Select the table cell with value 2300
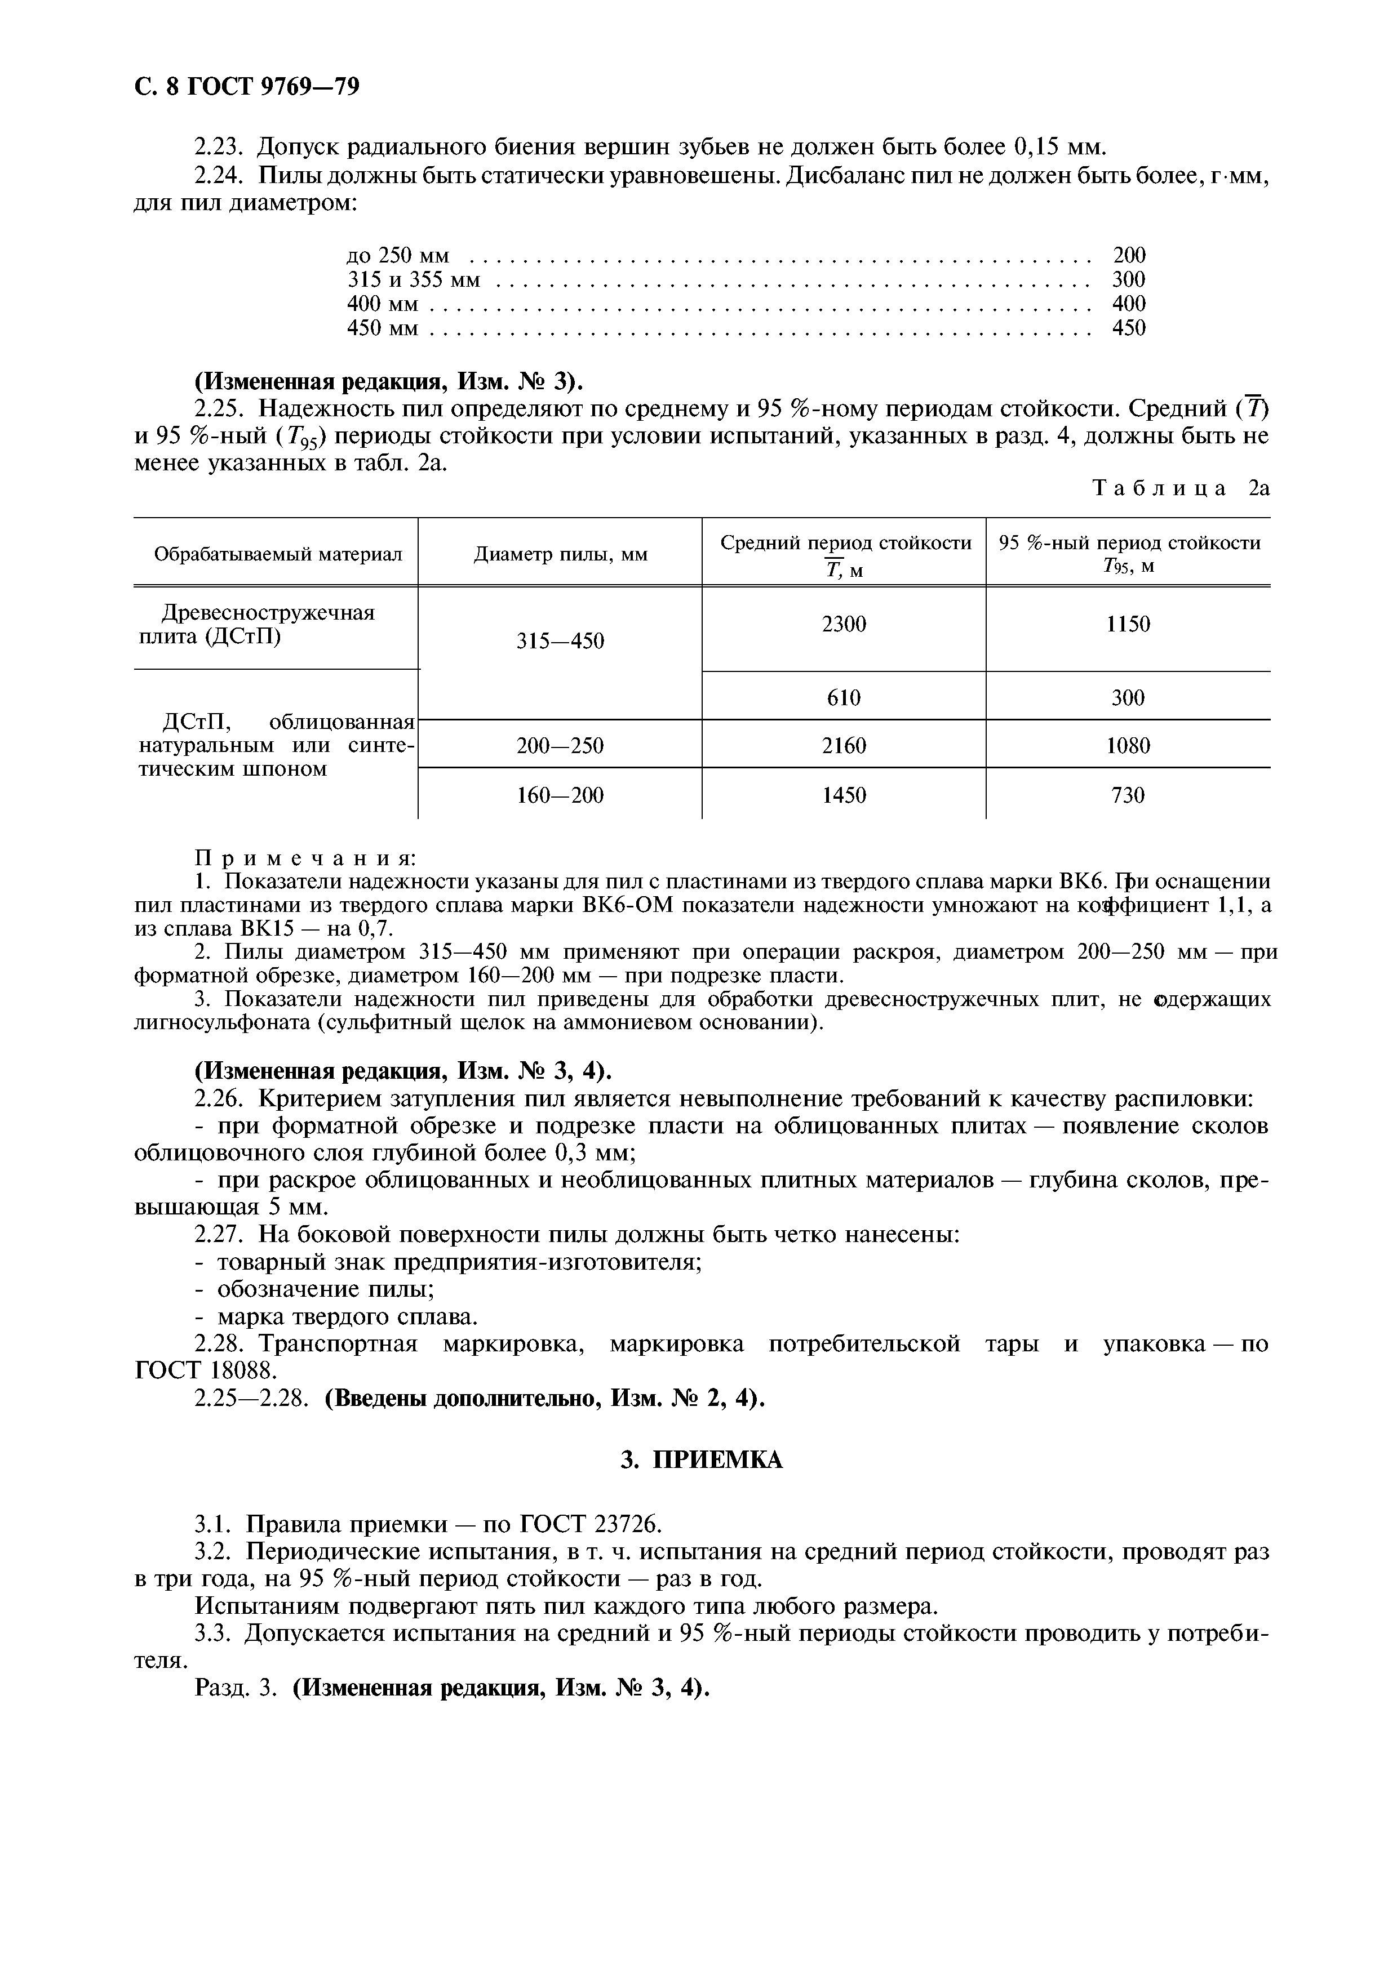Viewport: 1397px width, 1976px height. tap(844, 625)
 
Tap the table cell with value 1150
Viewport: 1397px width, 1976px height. tap(1128, 625)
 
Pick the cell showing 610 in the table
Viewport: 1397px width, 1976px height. tap(844, 697)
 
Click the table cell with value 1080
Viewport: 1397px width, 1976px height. tap(1128, 745)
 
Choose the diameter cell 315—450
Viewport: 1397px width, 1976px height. tap(560, 641)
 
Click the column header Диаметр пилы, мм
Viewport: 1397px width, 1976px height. tap(560, 555)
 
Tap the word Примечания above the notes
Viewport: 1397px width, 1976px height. tap(305, 858)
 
